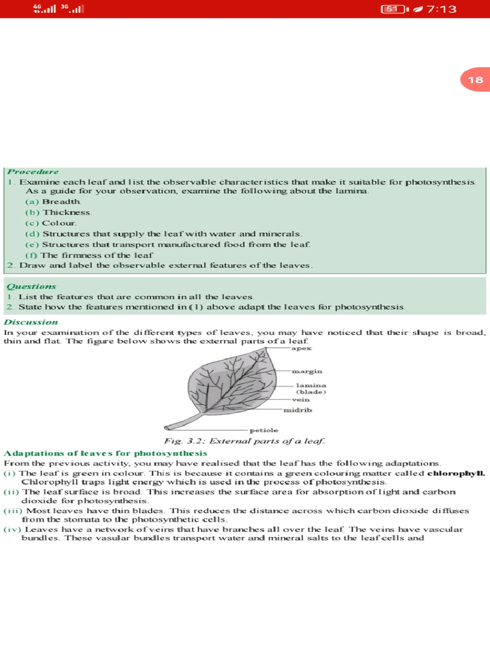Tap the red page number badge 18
point(475,80)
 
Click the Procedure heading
point(33,172)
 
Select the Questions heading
point(31,286)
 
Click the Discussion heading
point(31,322)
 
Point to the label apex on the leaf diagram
point(301,349)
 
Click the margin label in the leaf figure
point(307,371)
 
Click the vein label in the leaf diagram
point(301,399)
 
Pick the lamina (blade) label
point(311,388)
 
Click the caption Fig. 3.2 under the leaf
point(245,441)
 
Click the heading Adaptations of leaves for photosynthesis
point(106,453)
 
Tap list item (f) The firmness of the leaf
point(89,254)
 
